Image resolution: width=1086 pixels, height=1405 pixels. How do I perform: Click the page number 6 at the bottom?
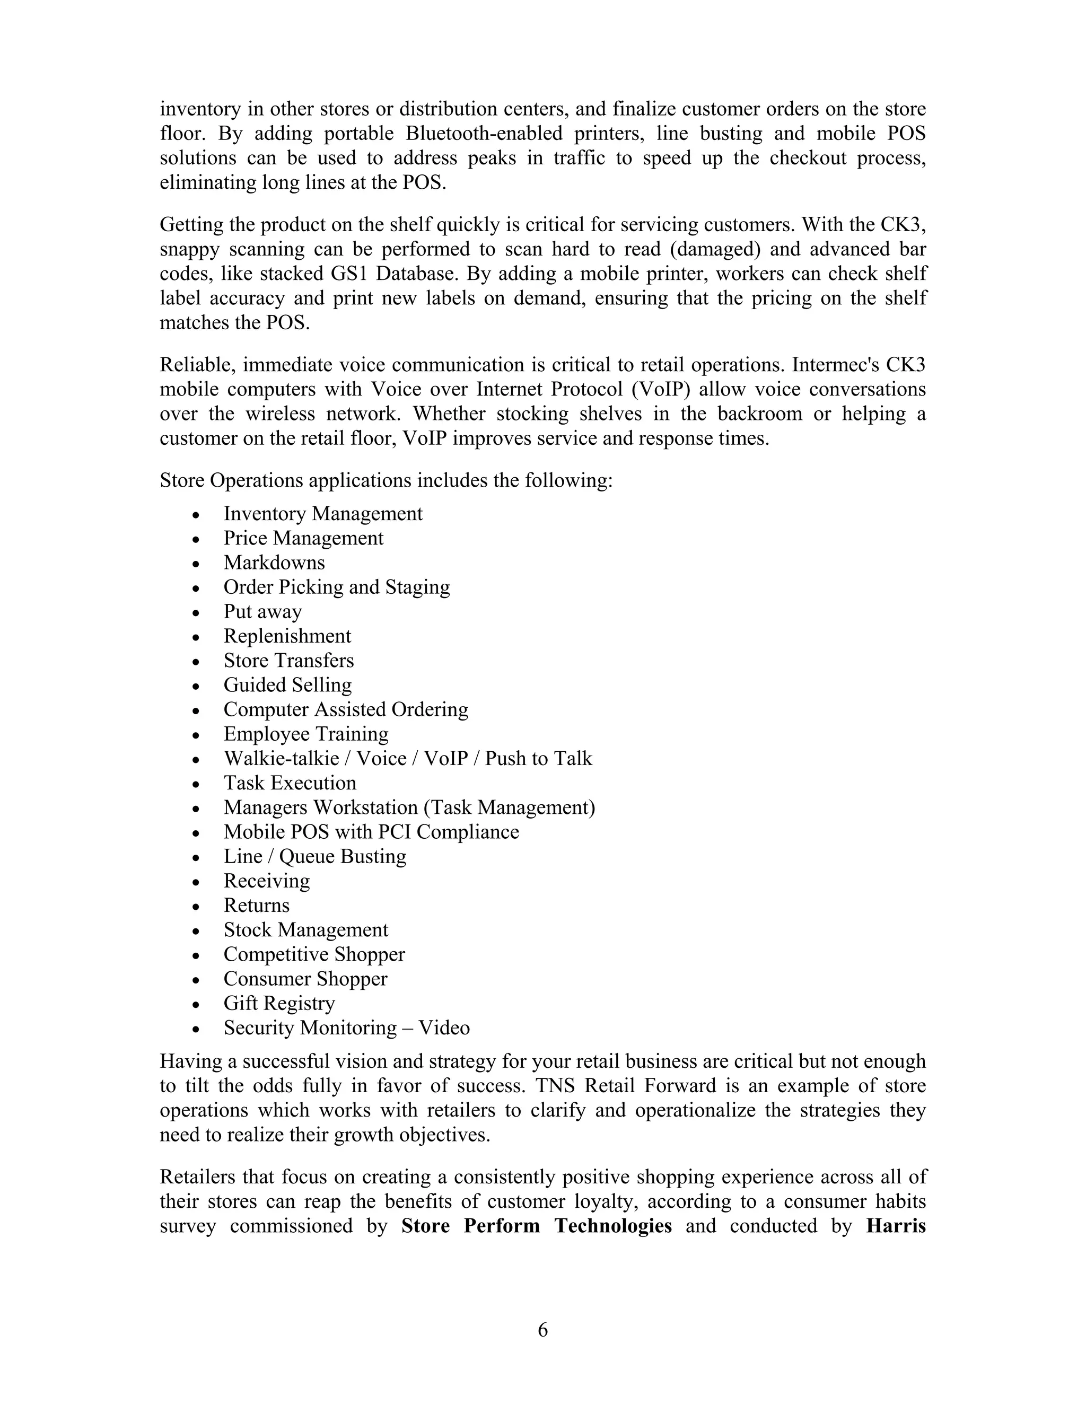[x=542, y=1330]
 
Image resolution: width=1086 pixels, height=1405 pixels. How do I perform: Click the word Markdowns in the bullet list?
[x=274, y=563]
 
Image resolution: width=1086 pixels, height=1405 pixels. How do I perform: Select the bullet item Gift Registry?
[x=279, y=1004]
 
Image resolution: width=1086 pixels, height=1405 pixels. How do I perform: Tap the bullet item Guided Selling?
[x=287, y=685]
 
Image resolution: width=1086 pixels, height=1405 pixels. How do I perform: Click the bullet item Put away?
[x=262, y=612]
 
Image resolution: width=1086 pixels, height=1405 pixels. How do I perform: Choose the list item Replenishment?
[x=287, y=636]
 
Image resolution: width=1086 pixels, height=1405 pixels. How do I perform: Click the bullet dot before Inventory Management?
[x=196, y=515]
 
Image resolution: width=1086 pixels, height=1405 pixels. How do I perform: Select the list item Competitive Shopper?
[x=314, y=955]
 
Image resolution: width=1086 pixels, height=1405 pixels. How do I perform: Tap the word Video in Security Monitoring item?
[x=444, y=1028]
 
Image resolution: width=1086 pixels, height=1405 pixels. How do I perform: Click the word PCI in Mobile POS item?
[x=390, y=832]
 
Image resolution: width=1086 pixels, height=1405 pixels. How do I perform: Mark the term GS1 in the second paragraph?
[x=348, y=274]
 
